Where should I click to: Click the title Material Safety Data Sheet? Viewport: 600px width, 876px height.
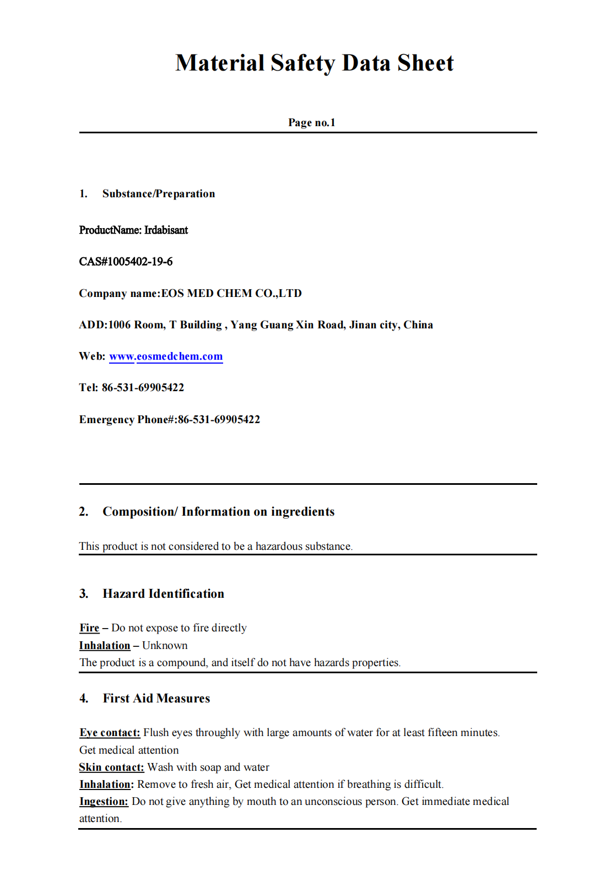click(x=314, y=63)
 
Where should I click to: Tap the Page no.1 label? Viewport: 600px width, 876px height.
click(x=311, y=122)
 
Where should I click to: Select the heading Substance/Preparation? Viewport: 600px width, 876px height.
click(x=159, y=194)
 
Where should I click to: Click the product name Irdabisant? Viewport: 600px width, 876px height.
click(x=166, y=230)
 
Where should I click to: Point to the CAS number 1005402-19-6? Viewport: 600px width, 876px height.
click(x=139, y=262)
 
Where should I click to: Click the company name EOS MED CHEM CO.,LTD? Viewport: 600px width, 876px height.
click(x=231, y=293)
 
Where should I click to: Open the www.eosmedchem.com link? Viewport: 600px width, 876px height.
click(x=166, y=356)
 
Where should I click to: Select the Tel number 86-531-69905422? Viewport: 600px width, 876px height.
click(x=143, y=388)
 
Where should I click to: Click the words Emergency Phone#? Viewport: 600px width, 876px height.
click(x=127, y=420)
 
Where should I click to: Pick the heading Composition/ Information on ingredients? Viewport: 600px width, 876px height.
click(x=218, y=512)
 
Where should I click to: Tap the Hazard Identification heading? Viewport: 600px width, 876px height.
click(x=163, y=594)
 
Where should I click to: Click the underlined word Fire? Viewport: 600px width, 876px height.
click(x=89, y=628)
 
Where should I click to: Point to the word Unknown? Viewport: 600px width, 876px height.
click(x=165, y=646)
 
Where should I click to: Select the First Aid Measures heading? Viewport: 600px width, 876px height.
click(x=156, y=699)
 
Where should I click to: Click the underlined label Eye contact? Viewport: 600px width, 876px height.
click(x=110, y=733)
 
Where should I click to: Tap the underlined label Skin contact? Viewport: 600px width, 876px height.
click(x=111, y=767)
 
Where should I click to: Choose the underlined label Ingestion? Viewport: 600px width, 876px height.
click(x=104, y=802)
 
